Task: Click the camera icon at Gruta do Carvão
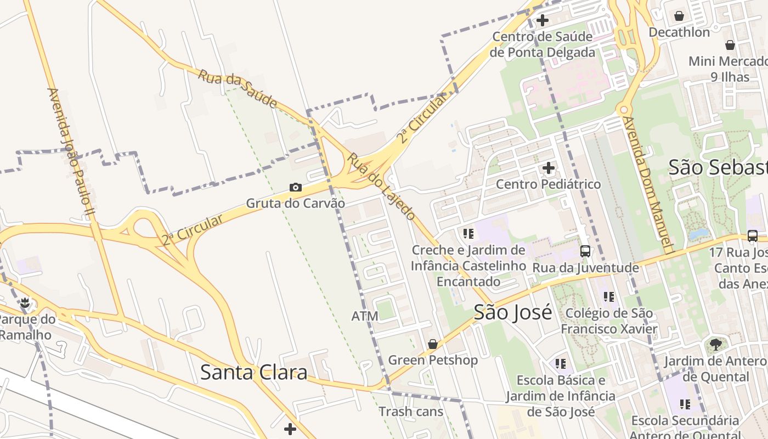(296, 188)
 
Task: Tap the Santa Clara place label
(253, 373)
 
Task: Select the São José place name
(513, 312)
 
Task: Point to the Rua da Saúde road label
(237, 88)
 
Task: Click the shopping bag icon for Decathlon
(679, 16)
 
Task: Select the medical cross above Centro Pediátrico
(549, 168)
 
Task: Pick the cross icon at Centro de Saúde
(543, 21)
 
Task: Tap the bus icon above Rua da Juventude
(585, 251)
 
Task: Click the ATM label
(365, 316)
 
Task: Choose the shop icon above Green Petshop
(433, 344)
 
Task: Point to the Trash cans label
(411, 411)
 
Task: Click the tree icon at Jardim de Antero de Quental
(715, 345)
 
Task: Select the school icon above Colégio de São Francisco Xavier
(609, 297)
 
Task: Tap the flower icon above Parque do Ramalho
(25, 302)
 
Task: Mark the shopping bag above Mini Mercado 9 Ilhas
(730, 45)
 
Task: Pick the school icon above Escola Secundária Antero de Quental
(685, 404)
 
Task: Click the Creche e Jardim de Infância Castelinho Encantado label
(468, 266)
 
